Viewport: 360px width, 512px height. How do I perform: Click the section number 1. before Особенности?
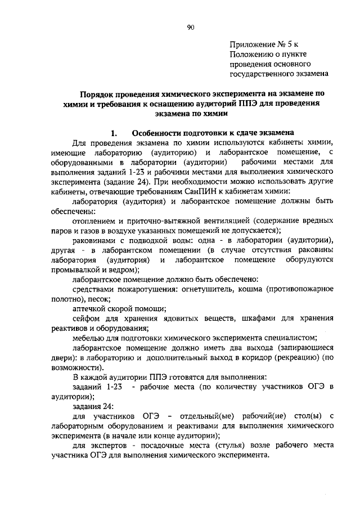pos(114,133)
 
